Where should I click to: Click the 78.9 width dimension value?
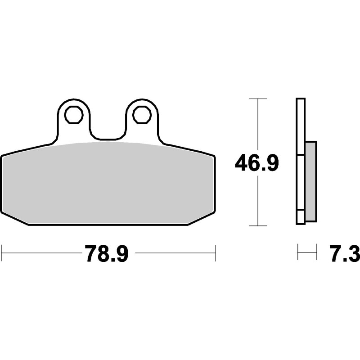(x=106, y=253)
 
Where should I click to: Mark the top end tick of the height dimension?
(x=257, y=98)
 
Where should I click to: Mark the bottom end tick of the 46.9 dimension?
(x=257, y=225)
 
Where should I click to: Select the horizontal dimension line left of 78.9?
(x=40, y=253)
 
